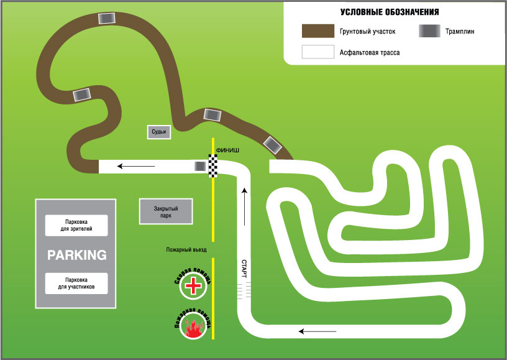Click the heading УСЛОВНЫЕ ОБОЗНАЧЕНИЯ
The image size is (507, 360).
[x=390, y=12]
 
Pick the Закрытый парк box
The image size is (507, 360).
[x=166, y=212]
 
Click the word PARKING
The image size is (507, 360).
[x=77, y=255]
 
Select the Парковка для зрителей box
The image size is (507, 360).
[x=77, y=225]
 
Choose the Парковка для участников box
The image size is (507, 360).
[x=77, y=283]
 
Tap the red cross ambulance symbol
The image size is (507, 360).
[x=194, y=287]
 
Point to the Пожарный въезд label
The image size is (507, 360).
[x=186, y=249]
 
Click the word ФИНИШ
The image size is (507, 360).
[x=227, y=150]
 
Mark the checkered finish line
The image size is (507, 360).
[x=213, y=167]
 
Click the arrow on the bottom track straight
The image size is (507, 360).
[x=310, y=331]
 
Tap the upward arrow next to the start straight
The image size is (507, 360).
[x=244, y=205]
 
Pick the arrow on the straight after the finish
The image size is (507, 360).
[x=137, y=166]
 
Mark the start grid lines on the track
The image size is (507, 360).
[x=244, y=289]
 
